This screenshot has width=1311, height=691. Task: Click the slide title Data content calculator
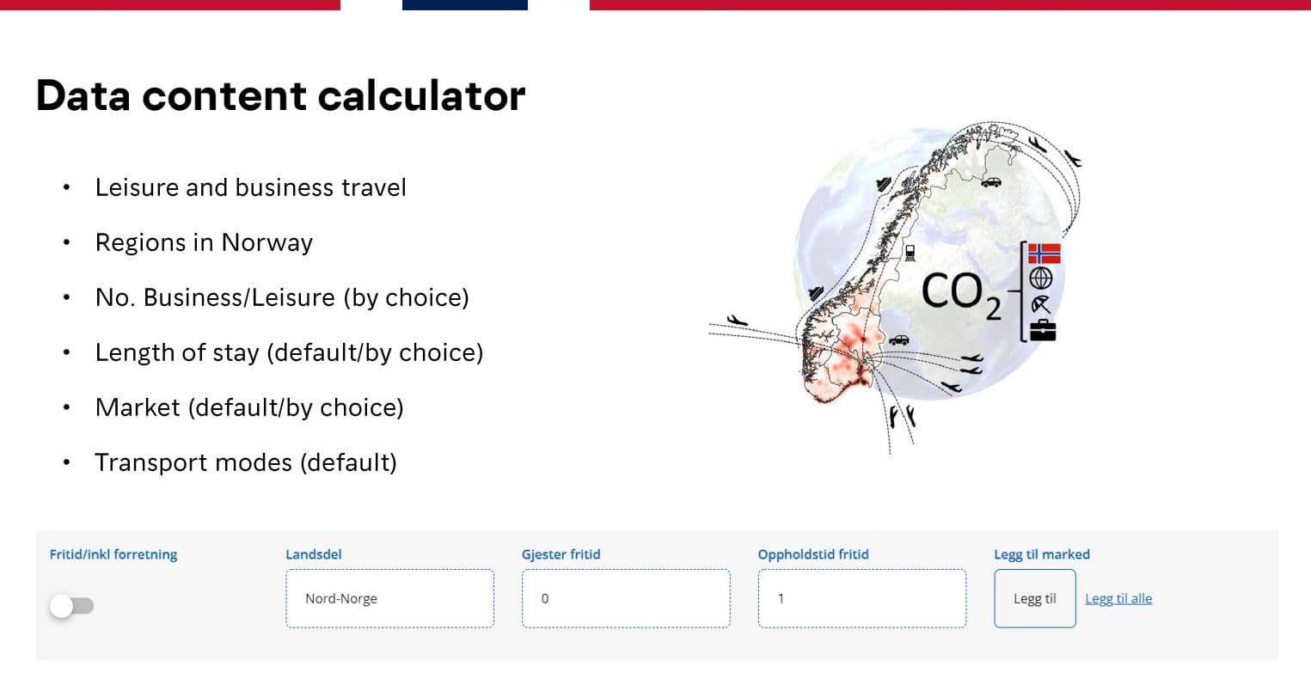point(280,95)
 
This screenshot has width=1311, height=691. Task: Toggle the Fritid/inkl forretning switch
point(71,606)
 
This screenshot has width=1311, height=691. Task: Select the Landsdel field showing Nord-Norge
point(389,598)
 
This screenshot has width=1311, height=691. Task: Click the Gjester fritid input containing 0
point(626,598)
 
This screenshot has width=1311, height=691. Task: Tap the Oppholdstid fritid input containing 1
point(862,598)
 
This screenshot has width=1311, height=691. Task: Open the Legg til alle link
point(1118,598)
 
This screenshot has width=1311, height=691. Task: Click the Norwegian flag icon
point(1045,254)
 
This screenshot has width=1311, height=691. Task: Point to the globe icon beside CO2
point(1041,278)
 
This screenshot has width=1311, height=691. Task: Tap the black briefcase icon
point(1043,330)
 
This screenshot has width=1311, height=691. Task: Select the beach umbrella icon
point(1041,304)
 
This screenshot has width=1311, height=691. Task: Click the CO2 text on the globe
point(961,295)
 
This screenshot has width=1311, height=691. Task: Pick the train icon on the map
point(910,253)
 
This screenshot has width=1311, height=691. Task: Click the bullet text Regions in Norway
point(204,242)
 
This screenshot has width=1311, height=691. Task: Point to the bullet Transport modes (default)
point(246,462)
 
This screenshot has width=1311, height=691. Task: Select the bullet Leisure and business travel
point(250,187)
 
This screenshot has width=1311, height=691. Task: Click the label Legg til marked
point(1042,554)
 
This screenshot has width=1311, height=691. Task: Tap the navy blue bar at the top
point(465,4)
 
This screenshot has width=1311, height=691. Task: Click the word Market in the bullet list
point(138,407)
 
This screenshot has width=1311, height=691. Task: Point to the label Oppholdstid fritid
point(813,554)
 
